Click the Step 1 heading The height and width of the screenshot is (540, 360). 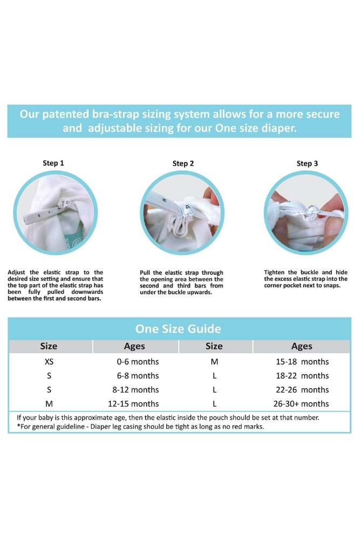[x=53, y=163]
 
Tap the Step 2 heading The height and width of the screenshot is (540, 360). [x=183, y=163]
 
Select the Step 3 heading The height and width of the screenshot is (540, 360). [x=307, y=163]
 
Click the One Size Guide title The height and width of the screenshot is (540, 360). [x=178, y=328]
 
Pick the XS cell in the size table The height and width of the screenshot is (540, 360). [x=49, y=362]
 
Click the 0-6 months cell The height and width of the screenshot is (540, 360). [x=138, y=362]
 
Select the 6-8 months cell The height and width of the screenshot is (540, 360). [x=138, y=376]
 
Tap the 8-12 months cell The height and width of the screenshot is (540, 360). [x=135, y=390]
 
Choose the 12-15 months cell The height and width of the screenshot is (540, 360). [x=133, y=403]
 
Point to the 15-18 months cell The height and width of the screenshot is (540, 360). [x=302, y=362]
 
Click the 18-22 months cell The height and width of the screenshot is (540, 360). [x=302, y=376]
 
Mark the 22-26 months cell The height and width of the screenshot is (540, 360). [x=302, y=390]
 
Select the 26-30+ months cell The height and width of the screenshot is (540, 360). [x=301, y=403]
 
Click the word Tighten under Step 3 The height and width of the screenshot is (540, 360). [x=274, y=272]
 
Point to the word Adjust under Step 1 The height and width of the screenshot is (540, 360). [x=16, y=272]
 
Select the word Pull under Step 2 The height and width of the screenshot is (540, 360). [x=145, y=273]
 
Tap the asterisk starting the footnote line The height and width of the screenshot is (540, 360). [x=18, y=426]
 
